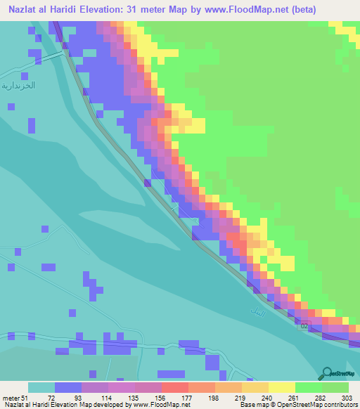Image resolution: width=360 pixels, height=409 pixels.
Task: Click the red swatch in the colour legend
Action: [x=175, y=387]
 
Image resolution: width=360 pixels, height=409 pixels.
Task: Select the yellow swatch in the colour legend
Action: [x=282, y=387]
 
